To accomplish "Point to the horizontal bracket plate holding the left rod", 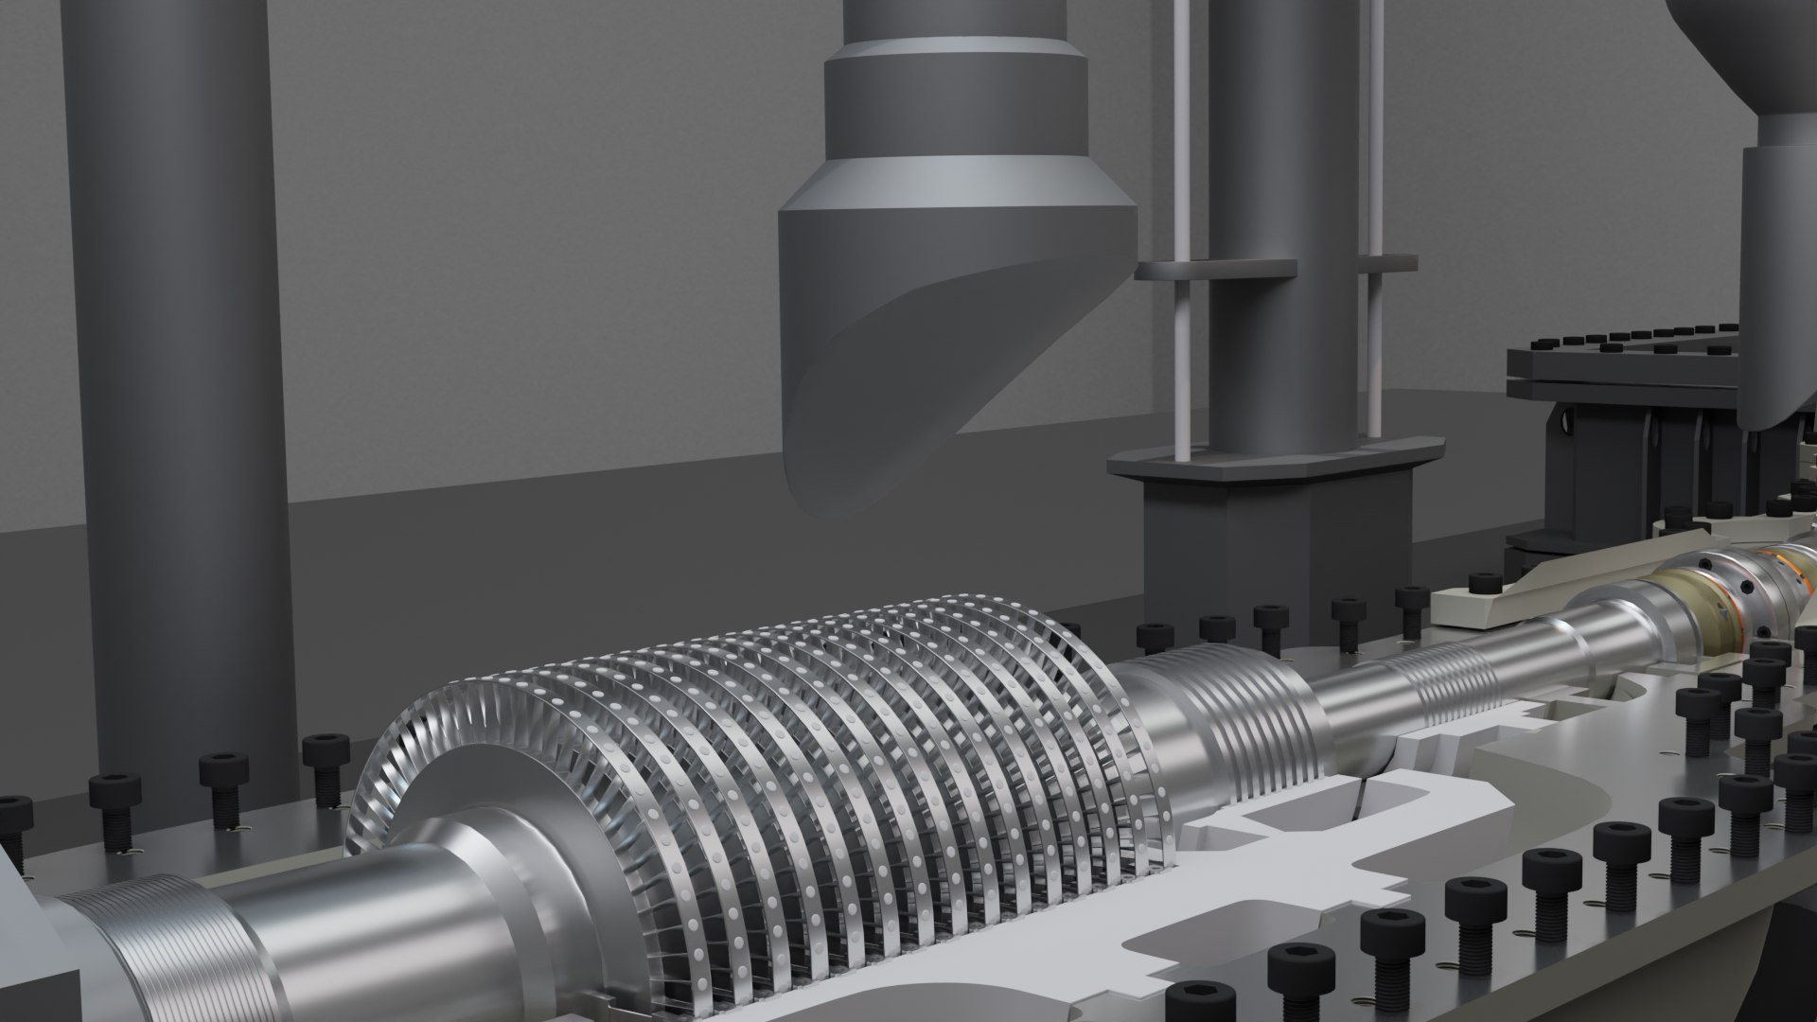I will (1216, 269).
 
